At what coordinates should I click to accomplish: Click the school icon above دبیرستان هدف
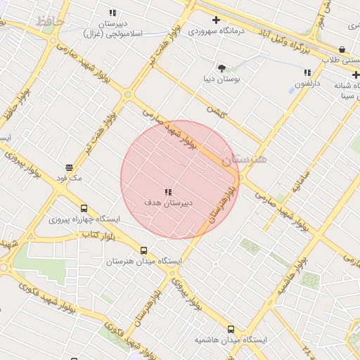coord(167,192)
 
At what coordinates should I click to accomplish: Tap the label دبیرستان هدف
coord(169,202)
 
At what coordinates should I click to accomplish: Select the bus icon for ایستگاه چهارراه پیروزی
coord(84,209)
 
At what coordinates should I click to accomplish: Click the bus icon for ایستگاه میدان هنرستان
coord(144,250)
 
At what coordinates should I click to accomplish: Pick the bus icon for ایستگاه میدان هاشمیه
coord(231,329)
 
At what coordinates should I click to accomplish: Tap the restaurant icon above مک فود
coord(69,167)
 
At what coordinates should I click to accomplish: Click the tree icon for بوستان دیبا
coord(222,68)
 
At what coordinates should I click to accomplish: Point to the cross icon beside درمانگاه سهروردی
coord(216,20)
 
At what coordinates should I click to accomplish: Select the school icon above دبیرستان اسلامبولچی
coord(112,13)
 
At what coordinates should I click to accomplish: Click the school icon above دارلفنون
coord(307,72)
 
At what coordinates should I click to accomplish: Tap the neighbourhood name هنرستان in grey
coord(244,160)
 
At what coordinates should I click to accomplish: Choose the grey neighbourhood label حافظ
coord(50,22)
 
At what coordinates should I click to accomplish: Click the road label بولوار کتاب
coord(98,233)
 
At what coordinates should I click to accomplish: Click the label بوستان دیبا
coord(221,79)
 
